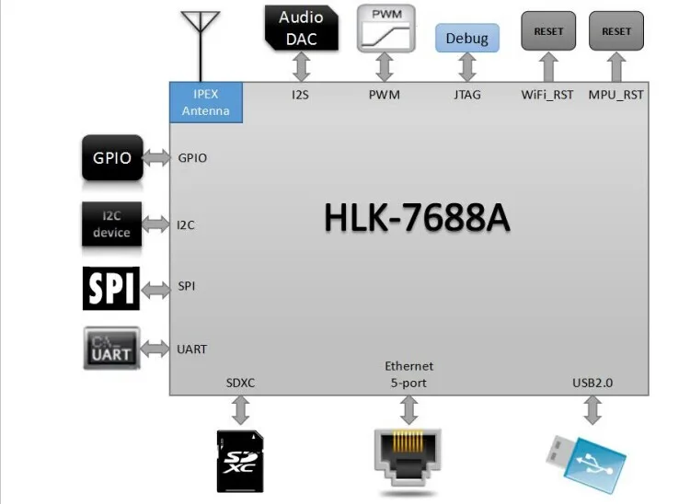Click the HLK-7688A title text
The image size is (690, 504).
pyautogui.click(x=417, y=218)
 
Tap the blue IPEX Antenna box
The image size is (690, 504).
pyautogui.click(x=206, y=102)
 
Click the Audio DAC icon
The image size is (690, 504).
pyautogui.click(x=301, y=26)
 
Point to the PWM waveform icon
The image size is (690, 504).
pyautogui.click(x=385, y=28)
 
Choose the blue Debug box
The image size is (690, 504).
pyautogui.click(x=467, y=39)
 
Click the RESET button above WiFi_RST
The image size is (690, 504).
pyautogui.click(x=548, y=31)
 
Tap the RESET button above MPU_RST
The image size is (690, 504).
pyautogui.click(x=616, y=31)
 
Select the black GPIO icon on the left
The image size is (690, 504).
pyautogui.click(x=112, y=157)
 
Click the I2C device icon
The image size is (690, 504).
pyautogui.click(x=111, y=224)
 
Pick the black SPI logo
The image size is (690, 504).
pyautogui.click(x=111, y=288)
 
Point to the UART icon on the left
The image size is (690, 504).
pyautogui.click(x=111, y=349)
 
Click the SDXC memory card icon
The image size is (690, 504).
pyautogui.click(x=240, y=460)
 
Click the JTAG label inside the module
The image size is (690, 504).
pyautogui.click(x=467, y=94)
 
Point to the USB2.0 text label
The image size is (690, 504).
pyautogui.click(x=593, y=382)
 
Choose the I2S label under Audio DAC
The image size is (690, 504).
pyautogui.click(x=301, y=94)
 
